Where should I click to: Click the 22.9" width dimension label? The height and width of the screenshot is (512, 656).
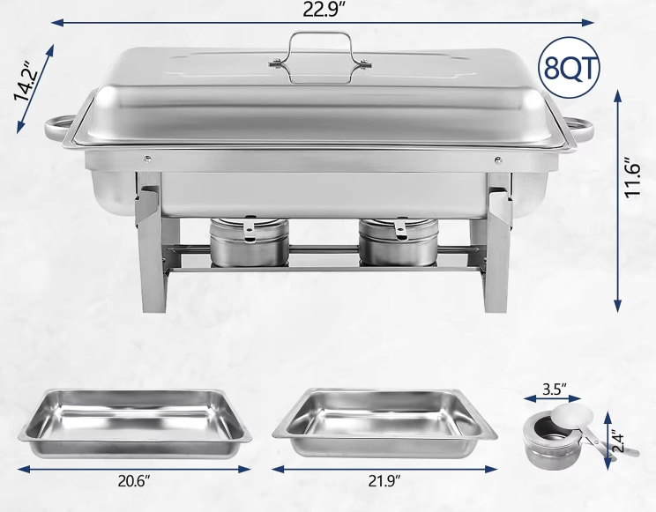click(x=324, y=10)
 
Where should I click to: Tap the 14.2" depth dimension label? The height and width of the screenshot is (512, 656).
click(x=26, y=83)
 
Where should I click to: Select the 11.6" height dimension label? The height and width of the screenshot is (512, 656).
click(x=632, y=176)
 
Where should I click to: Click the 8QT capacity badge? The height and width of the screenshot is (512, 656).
click(x=569, y=68)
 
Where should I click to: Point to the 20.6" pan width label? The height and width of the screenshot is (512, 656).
click(x=133, y=481)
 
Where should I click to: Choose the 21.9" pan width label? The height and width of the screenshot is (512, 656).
click(x=384, y=481)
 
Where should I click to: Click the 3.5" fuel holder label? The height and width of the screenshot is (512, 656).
click(x=555, y=389)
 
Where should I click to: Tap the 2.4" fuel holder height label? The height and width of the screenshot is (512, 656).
click(x=617, y=441)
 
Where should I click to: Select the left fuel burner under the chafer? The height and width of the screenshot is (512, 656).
click(x=249, y=241)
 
